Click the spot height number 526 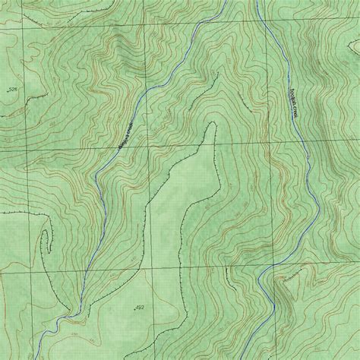(x=12, y=90)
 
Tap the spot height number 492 (x=140, y=307)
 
